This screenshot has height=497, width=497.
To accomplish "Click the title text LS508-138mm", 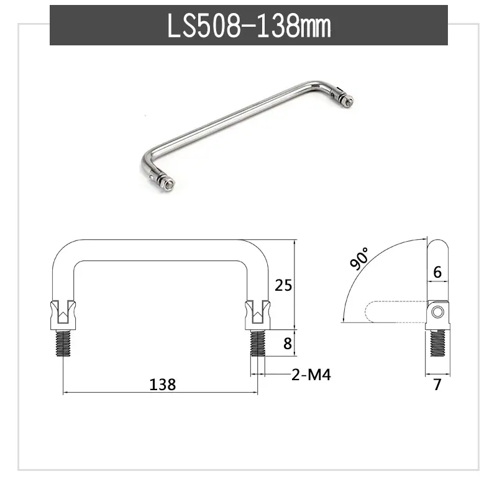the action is (x=249, y=25).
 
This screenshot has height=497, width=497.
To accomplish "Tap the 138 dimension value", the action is (x=162, y=384).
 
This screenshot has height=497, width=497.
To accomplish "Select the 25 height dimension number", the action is (x=283, y=285).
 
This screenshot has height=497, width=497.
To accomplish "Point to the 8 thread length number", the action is (x=287, y=344).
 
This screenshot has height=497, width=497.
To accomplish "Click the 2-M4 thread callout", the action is (x=311, y=375).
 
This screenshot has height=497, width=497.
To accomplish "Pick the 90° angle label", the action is (x=360, y=258).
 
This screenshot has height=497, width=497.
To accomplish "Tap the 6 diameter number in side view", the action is (x=437, y=272).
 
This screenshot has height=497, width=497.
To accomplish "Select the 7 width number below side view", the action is (x=437, y=385).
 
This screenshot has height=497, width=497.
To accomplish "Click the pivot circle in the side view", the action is (x=437, y=312).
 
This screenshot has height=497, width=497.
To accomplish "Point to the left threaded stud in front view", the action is (x=63, y=343).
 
